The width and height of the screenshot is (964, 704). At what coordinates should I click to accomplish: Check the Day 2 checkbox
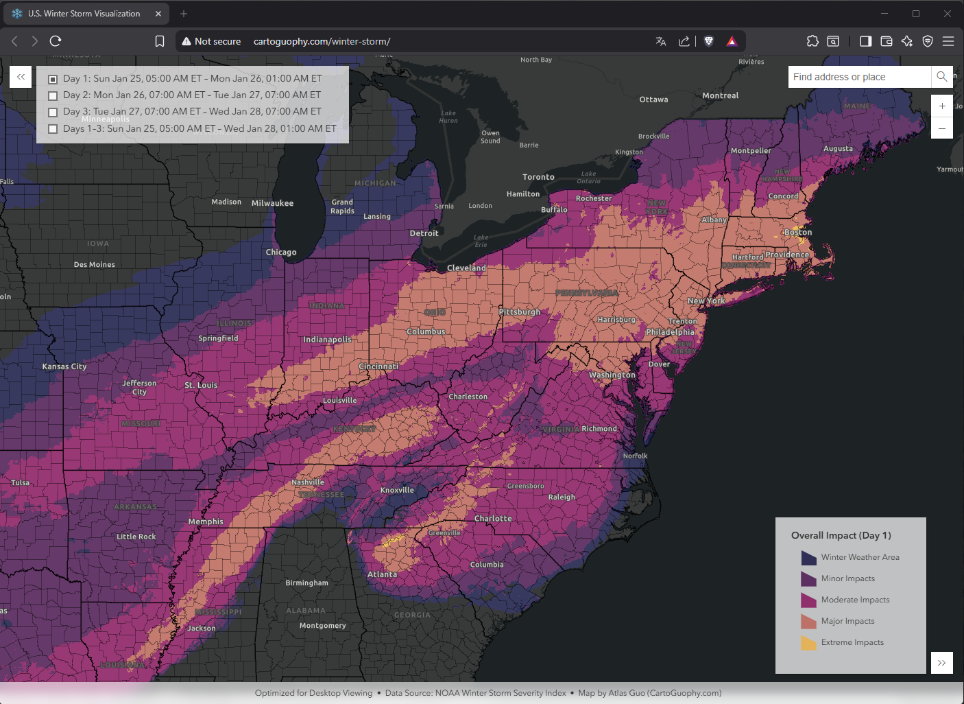click(x=53, y=96)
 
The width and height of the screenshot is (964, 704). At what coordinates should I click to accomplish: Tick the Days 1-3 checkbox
click(x=53, y=129)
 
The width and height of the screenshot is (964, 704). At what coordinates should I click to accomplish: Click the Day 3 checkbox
click(x=53, y=113)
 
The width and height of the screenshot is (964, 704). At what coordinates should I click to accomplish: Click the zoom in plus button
click(x=942, y=106)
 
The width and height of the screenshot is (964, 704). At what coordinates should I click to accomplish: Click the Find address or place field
click(x=859, y=77)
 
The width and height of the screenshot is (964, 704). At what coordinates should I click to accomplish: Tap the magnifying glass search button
click(x=942, y=77)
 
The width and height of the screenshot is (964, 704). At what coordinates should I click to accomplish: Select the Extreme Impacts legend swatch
click(x=808, y=643)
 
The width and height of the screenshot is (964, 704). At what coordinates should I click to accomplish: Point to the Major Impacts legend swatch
click(x=808, y=622)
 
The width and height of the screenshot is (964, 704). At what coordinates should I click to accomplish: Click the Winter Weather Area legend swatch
click(x=808, y=558)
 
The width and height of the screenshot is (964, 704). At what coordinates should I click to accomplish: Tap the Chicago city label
click(x=281, y=253)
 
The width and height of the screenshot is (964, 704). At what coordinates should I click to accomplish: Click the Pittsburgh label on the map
click(x=520, y=312)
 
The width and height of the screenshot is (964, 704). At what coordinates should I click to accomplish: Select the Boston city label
click(x=798, y=233)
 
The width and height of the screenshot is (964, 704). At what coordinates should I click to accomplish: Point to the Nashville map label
click(x=307, y=482)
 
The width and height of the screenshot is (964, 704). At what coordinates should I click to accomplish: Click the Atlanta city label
click(x=382, y=574)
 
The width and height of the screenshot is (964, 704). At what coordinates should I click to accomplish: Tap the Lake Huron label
click(x=448, y=117)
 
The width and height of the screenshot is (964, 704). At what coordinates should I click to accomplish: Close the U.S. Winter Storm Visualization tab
click(x=158, y=14)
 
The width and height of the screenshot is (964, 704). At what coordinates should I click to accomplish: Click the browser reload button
click(x=56, y=41)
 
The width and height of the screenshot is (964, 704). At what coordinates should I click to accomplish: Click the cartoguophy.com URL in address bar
click(x=322, y=41)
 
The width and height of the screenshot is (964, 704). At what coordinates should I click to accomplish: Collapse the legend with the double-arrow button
click(x=941, y=663)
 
